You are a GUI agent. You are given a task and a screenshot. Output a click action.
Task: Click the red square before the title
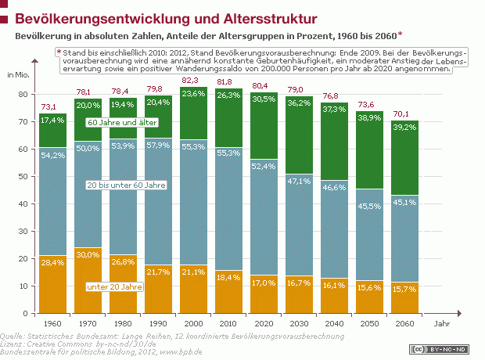click(7, 17)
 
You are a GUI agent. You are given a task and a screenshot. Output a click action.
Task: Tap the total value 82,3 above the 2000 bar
click(191, 81)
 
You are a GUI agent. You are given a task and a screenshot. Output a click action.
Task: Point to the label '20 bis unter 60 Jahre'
click(125, 185)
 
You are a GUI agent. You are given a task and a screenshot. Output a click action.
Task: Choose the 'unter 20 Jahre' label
click(118, 287)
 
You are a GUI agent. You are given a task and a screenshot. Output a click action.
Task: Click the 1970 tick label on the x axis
click(88, 323)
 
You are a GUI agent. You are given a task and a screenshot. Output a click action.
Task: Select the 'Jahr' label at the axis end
click(444, 323)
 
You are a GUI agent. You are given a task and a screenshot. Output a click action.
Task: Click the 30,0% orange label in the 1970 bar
click(88, 254)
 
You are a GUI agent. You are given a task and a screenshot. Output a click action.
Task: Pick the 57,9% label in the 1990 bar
click(158, 167)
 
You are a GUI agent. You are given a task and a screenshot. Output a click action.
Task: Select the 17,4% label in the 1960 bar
click(54, 120)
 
